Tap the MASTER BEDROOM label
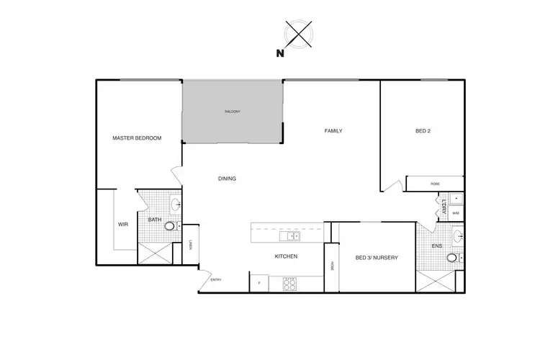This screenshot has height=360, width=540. (137, 138)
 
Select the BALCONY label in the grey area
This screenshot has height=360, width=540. (231, 112)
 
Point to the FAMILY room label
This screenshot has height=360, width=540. (333, 131)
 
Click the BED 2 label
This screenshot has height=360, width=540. (423, 131)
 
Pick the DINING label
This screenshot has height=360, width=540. (228, 179)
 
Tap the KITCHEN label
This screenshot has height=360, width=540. (286, 256)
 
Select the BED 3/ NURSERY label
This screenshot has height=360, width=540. (377, 258)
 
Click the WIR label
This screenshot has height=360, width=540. (122, 225)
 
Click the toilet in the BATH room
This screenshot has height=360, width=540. (170, 226)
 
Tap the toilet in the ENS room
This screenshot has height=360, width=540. (451, 257)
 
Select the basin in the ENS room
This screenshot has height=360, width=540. (457, 234)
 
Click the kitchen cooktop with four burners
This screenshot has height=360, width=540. (289, 284)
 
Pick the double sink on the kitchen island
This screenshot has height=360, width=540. (292, 235)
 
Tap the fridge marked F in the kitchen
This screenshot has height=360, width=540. (258, 283)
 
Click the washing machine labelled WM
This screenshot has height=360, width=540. (456, 214)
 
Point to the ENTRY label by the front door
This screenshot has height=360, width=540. (216, 279)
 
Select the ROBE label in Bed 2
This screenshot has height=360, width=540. (435, 184)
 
